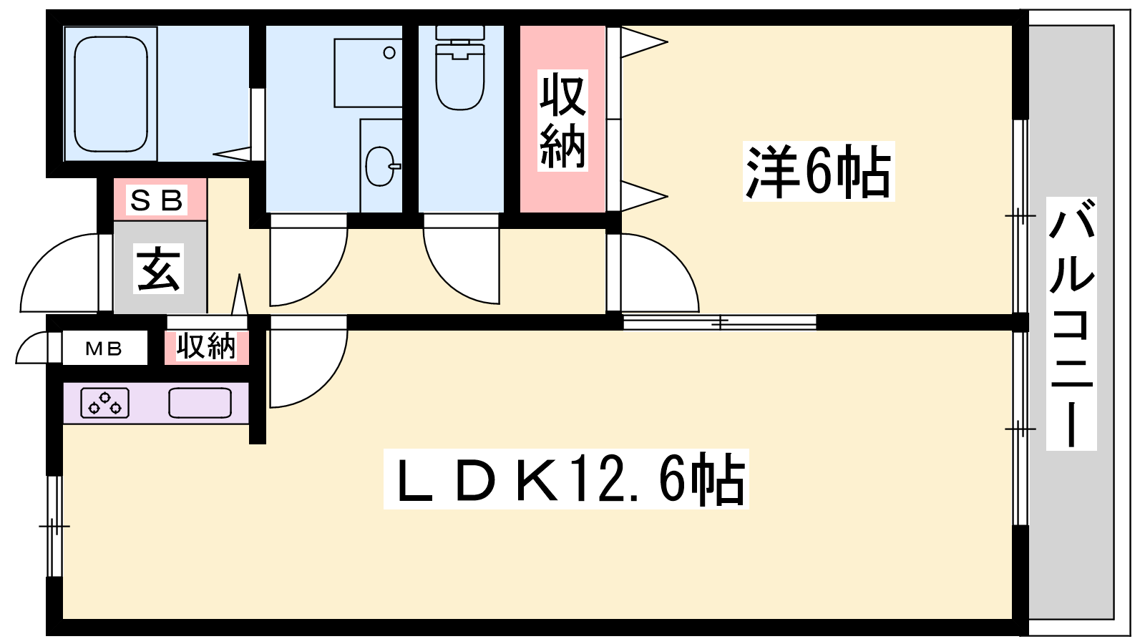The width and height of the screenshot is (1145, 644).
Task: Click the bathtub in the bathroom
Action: (111, 94)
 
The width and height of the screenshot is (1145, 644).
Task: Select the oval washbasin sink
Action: (380, 166)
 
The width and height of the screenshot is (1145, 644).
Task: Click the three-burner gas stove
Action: (104, 403)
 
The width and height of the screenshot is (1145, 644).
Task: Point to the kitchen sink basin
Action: (200, 403)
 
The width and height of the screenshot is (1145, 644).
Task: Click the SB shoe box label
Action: (157, 200)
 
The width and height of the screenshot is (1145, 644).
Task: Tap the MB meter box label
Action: (104, 349)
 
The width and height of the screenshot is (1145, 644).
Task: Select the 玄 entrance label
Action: (158, 268)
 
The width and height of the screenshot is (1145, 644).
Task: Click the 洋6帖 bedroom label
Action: (819, 171)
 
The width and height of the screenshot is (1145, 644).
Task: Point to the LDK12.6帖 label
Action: (566, 479)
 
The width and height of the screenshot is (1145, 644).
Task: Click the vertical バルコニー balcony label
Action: (1071, 323)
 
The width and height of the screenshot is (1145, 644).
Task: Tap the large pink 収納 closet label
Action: (562, 121)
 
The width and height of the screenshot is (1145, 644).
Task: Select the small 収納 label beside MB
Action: (207, 346)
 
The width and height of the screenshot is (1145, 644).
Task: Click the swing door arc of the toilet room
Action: (461, 265)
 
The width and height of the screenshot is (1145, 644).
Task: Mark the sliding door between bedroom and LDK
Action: (720, 323)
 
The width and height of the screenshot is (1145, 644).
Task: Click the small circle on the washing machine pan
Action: (389, 53)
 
